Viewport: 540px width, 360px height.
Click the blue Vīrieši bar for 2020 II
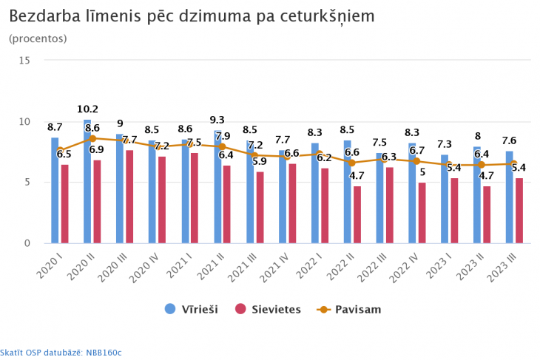tap(87, 182)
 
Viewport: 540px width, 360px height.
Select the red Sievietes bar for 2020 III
tap(129, 197)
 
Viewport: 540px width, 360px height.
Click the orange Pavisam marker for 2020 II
tap(92, 138)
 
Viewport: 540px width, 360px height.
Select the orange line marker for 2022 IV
tap(416, 161)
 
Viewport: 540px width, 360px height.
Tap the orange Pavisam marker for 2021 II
tap(222, 147)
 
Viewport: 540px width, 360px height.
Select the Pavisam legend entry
tap(348, 309)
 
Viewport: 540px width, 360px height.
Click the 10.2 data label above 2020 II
tap(87, 109)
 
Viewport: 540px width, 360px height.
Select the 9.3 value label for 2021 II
tap(217, 120)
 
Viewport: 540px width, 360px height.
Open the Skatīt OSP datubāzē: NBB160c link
tap(61, 353)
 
